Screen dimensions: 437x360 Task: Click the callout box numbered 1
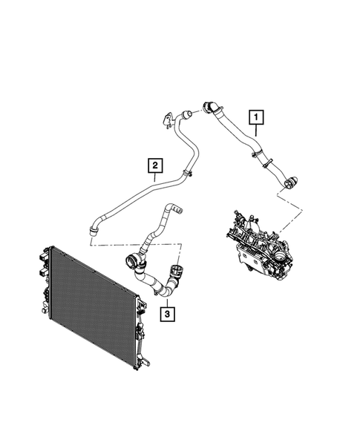[x=257, y=116]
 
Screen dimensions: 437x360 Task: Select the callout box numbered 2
[x=154, y=164]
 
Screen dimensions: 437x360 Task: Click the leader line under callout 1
[x=257, y=134]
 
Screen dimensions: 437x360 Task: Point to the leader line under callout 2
[x=154, y=178]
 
